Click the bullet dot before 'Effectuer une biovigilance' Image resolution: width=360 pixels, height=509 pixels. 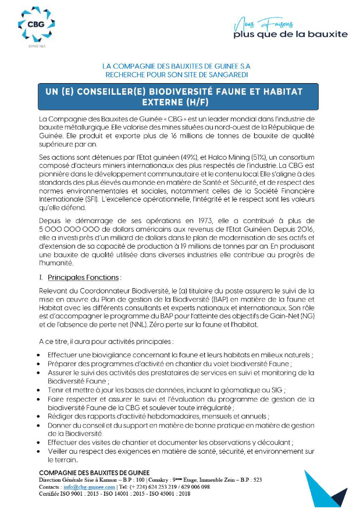tap(38, 354)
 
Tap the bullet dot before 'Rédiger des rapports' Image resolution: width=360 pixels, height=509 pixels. tap(38, 417)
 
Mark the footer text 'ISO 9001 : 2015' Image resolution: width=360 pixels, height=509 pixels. tap(85, 494)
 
